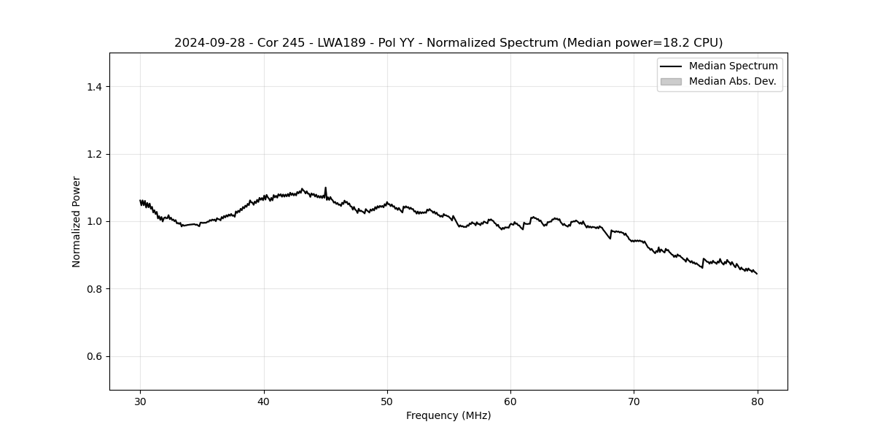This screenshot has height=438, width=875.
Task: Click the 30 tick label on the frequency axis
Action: coord(141,401)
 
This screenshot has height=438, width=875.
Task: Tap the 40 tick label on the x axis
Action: coord(264,401)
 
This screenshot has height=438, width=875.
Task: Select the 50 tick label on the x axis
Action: coord(387,401)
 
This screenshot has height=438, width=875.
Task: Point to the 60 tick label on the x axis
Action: coord(510,401)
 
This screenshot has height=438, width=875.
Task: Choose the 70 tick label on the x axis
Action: coord(634,401)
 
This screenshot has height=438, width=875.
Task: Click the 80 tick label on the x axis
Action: coord(757,401)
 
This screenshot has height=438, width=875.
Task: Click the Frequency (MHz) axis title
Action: coord(448,415)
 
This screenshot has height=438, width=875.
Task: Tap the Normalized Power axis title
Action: coord(77,221)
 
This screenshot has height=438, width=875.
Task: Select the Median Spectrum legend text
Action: coord(733,66)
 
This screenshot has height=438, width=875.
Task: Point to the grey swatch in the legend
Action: coord(671,82)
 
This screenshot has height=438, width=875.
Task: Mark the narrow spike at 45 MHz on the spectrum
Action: coord(325,188)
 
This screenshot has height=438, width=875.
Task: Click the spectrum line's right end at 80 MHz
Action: coord(757,273)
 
